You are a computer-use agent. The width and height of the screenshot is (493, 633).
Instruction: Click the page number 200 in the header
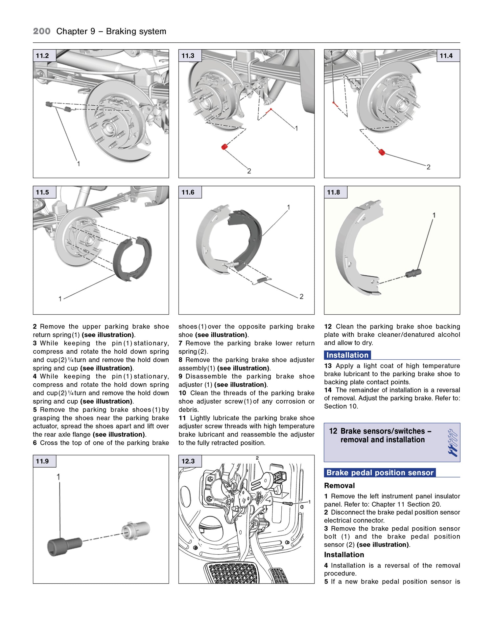pyautogui.click(x=42, y=32)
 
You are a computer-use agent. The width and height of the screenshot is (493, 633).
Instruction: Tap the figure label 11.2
pyautogui.click(x=43, y=56)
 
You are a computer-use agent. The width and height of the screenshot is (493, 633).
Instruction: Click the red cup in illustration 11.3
pyautogui.click(x=224, y=147)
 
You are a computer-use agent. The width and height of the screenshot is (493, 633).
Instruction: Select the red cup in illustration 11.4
pyautogui.click(x=382, y=152)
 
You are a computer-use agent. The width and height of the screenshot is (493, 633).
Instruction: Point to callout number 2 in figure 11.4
pyautogui.click(x=428, y=167)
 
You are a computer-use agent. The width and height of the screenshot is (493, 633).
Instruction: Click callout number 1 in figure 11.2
pyautogui.click(x=78, y=163)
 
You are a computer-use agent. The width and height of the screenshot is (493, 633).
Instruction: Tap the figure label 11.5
pyautogui.click(x=43, y=192)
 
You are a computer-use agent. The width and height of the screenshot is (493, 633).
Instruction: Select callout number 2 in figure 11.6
pyautogui.click(x=301, y=297)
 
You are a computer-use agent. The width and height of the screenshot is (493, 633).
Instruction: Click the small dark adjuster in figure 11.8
pyautogui.click(x=413, y=273)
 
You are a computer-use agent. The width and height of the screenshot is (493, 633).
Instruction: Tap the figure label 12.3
pyautogui.click(x=188, y=461)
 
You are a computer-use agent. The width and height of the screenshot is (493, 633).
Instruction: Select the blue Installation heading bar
pyautogui.click(x=347, y=355)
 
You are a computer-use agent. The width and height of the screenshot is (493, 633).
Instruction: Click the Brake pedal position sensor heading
pyautogui.click(x=380, y=473)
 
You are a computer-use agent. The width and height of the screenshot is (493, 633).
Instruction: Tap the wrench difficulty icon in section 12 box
pyautogui.click(x=452, y=443)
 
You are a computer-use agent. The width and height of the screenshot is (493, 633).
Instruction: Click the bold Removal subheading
pyautogui.click(x=339, y=486)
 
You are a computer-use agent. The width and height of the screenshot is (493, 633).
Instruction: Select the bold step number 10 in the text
pyautogui.click(x=182, y=393)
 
